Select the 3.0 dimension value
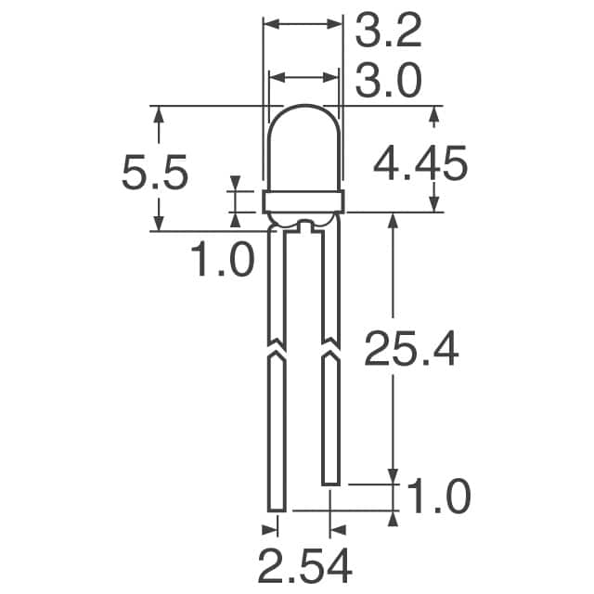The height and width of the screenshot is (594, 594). coord(388,81)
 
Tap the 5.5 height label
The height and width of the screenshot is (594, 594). coord(155,173)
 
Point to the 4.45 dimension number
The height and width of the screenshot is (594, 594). coord(420,163)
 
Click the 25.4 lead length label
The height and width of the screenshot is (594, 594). coord(411,349)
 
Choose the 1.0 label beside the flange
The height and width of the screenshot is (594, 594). coord(223,260)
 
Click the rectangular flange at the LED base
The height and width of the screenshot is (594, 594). coord(303,202)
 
